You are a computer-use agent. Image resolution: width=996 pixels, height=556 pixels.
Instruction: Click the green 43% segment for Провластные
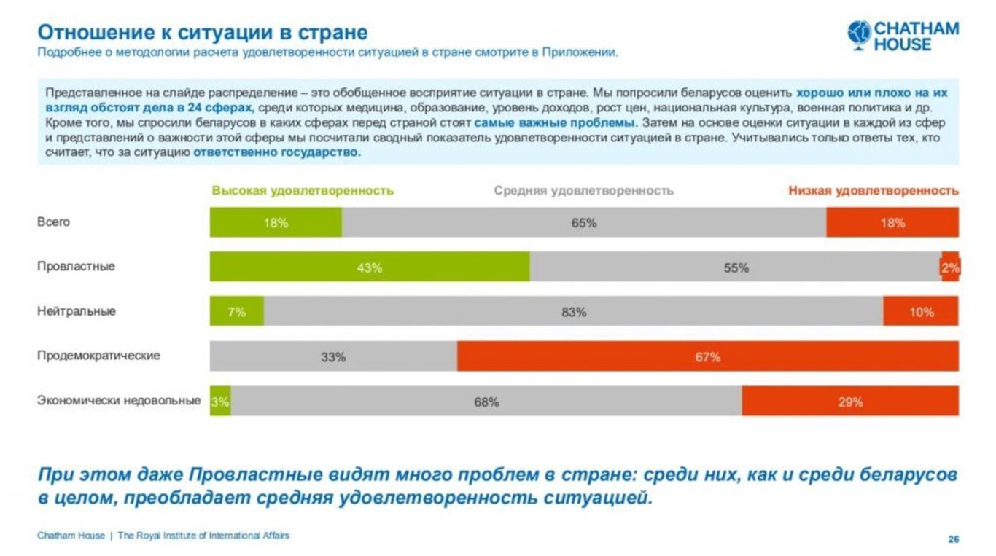point(370,267)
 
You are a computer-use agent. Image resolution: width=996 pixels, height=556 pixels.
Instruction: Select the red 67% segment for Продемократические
point(707,356)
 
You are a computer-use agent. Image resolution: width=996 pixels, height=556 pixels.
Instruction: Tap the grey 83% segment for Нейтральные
point(573,312)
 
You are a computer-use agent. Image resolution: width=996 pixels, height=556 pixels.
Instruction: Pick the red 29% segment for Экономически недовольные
point(850,402)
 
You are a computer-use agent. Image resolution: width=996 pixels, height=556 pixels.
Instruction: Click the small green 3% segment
point(220,402)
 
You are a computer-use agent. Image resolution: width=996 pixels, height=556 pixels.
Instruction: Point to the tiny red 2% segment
point(950,267)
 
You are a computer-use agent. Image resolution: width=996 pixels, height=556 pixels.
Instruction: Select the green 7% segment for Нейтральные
point(237,312)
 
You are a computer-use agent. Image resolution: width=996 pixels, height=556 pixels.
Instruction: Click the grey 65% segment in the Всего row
point(583,222)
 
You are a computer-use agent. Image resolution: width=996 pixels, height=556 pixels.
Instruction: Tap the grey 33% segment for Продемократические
point(333,356)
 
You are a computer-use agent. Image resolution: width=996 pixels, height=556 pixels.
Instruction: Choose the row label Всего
point(53,222)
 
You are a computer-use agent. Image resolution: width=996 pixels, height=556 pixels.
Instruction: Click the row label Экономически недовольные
point(119,400)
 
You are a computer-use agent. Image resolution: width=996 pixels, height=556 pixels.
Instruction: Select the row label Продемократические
point(98,356)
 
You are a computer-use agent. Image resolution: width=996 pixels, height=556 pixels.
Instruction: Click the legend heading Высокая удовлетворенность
point(303,191)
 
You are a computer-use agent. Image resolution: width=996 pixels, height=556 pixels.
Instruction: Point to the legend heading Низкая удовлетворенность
point(873,191)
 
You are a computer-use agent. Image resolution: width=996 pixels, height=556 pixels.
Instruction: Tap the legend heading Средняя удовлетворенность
point(583,191)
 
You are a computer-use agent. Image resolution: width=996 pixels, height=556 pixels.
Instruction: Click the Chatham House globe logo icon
point(860,34)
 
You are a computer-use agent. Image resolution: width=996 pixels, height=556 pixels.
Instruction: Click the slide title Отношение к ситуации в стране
point(202,33)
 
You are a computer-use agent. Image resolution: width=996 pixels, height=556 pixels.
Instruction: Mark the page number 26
point(953,539)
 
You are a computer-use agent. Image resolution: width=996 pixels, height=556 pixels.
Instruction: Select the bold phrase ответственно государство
point(277,153)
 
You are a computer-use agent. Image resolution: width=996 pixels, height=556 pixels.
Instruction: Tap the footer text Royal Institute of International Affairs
point(203,536)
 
